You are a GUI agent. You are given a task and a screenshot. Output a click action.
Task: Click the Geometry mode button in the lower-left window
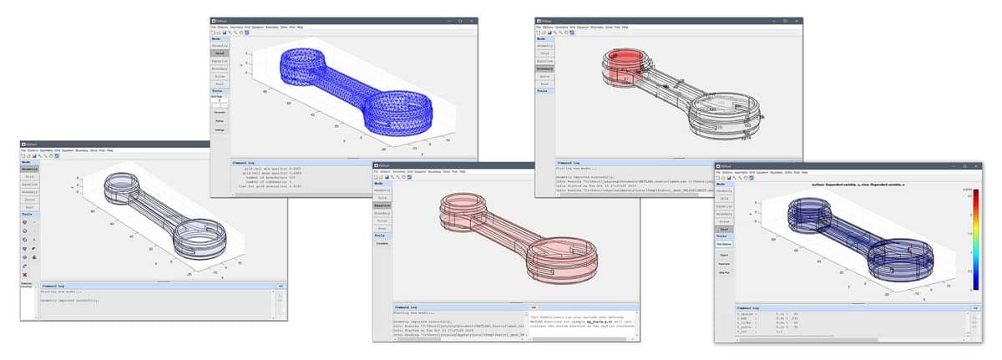pyautogui.click(x=29, y=169)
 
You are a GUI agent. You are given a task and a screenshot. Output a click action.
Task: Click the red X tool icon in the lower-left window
pyautogui.click(x=25, y=274)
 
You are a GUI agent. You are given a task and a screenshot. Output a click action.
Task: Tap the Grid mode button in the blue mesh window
pyautogui.click(x=219, y=53)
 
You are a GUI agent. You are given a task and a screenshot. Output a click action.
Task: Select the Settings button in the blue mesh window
pyautogui.click(x=219, y=129)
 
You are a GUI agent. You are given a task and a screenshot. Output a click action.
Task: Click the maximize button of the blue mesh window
pyautogui.click(x=460, y=20)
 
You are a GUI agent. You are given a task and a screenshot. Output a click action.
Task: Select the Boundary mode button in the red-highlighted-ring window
pyautogui.click(x=544, y=68)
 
